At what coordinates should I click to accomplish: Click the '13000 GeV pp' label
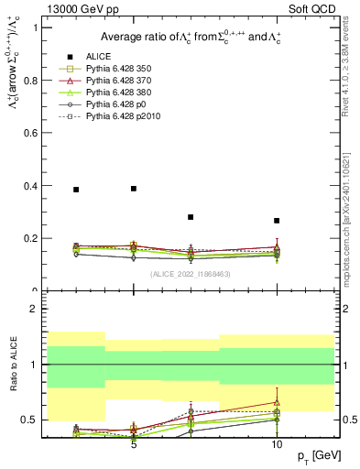coord(76,9)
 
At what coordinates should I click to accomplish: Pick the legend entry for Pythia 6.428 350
coord(123,68)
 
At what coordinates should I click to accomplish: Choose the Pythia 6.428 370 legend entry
coord(123,81)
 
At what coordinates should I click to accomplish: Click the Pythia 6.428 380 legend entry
coord(123,93)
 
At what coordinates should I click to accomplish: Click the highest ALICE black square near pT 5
coord(134,188)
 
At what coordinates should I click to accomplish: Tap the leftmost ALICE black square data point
coord(76,190)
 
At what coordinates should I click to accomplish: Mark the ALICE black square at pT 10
coord(277,221)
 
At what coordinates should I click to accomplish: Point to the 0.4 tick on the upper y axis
coord(35,186)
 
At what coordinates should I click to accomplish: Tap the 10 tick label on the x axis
coord(277,445)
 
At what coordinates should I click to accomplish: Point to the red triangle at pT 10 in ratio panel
coord(277,402)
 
